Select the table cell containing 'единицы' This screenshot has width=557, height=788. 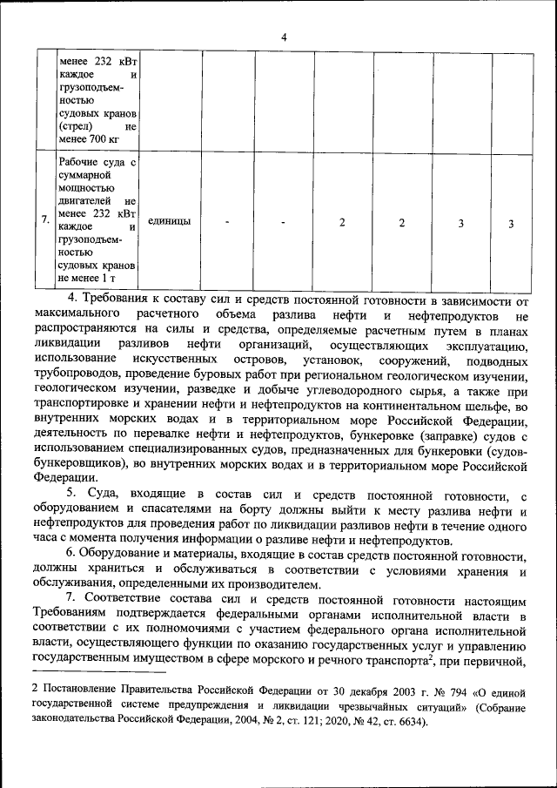click(x=170, y=221)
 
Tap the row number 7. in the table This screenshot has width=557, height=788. click(x=45, y=221)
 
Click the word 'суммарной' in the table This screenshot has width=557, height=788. click(x=85, y=175)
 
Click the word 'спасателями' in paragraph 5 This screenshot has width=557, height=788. click(x=163, y=509)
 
